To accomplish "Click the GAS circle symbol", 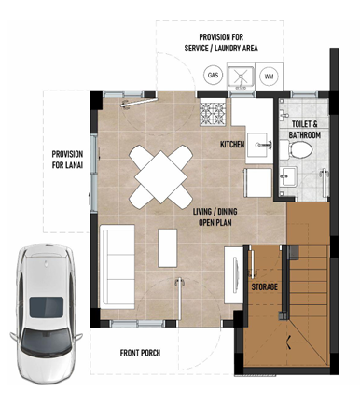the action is [x=214, y=75].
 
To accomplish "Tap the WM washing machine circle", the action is [x=269, y=77].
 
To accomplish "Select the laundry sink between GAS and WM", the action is [x=241, y=77].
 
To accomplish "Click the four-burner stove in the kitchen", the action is [x=213, y=112].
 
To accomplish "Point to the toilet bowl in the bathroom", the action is [x=297, y=149].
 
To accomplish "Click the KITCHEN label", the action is [x=232, y=145].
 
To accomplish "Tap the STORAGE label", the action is [x=264, y=286].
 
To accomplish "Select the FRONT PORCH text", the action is [x=140, y=353].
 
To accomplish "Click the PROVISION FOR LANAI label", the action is [x=67, y=160].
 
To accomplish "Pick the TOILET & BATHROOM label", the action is [x=305, y=130].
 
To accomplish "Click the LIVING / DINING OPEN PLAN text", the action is [x=215, y=216].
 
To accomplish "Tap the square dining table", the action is [x=161, y=177].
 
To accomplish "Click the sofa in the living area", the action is [x=118, y=267].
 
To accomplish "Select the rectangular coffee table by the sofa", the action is [x=168, y=248].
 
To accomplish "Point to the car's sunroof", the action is [x=47, y=307].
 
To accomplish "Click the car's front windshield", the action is [x=46, y=342].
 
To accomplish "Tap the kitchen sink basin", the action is [x=257, y=145].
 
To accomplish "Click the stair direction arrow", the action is [x=289, y=342].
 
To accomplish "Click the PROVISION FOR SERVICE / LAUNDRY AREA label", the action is [x=221, y=43].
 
